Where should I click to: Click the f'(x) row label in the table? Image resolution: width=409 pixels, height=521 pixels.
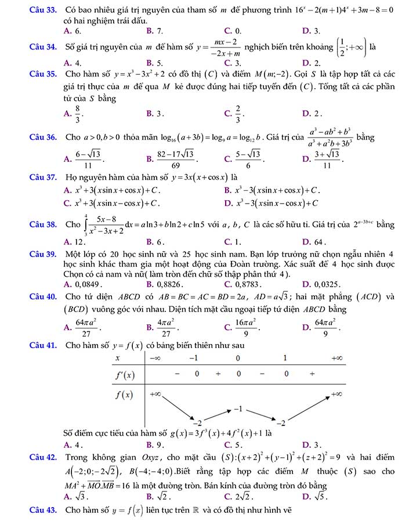tap(122, 374)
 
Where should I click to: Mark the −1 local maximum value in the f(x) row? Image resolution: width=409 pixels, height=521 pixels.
tap(237, 410)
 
